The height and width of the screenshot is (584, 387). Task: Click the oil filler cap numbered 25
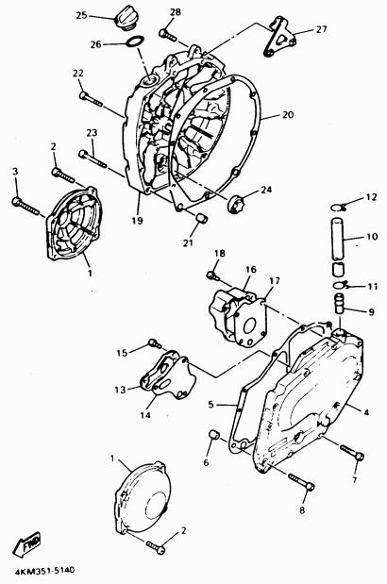[x=127, y=17]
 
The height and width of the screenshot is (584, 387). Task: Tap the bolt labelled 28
[x=169, y=35]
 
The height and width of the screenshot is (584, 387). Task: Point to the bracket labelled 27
[x=280, y=37]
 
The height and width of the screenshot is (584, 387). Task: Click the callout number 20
[x=288, y=115]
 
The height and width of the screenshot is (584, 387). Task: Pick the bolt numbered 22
[x=91, y=98]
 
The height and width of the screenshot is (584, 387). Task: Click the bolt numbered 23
[x=93, y=159]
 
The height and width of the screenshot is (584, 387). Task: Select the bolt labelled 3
[x=25, y=206]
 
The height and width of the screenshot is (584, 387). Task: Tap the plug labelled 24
[x=235, y=204]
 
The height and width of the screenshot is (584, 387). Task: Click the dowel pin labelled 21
[x=201, y=218]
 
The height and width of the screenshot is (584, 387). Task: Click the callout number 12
[x=371, y=197]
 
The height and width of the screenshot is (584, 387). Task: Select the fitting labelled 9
[x=339, y=305]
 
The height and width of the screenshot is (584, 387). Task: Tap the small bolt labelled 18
[x=213, y=276]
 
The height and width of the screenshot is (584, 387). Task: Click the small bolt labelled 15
[x=155, y=343]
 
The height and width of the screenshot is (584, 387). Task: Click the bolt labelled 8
[x=301, y=481]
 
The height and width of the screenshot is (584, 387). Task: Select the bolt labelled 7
[x=352, y=453]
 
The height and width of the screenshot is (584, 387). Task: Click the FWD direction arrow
[x=26, y=544]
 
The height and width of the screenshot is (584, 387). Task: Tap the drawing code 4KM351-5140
[x=44, y=571]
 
